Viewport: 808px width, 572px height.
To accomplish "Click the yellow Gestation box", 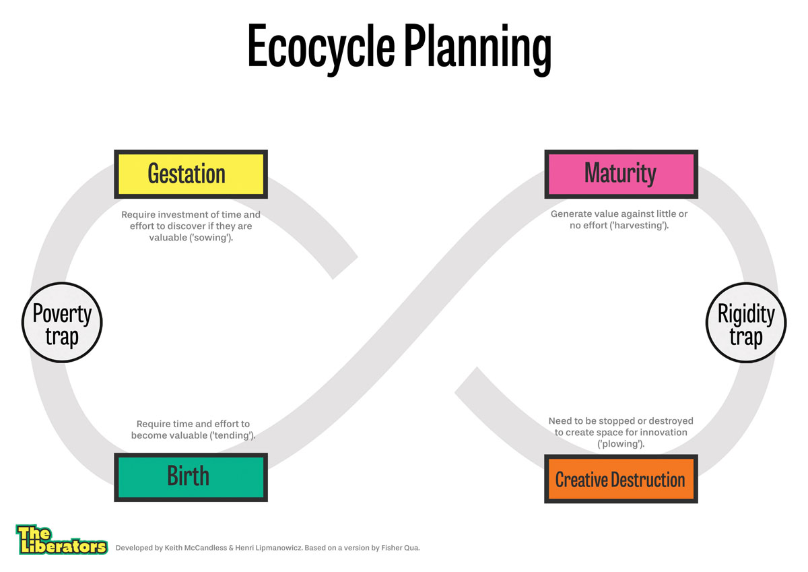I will (x=191, y=174).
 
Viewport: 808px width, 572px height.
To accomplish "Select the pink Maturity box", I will (x=620, y=174).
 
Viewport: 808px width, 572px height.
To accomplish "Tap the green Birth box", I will (x=191, y=477).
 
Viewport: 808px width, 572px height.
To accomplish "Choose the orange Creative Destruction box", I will (x=620, y=478).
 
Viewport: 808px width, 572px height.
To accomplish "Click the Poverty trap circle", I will (x=62, y=323).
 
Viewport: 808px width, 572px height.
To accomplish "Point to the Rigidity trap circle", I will (x=745, y=323).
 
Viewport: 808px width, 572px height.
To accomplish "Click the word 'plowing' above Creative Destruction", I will (x=621, y=444).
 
